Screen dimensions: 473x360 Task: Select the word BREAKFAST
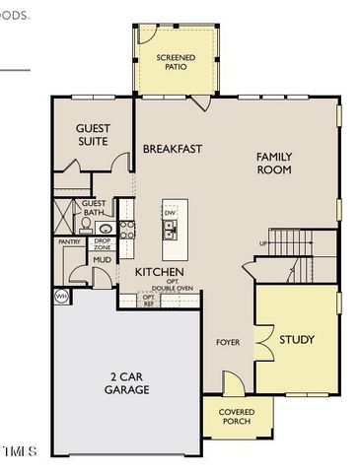pyautogui.click(x=173, y=149)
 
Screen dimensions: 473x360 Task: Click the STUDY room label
pyautogui.click(x=296, y=340)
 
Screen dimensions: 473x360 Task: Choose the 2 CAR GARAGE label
pyautogui.click(x=127, y=383)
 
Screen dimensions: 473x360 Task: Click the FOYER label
pyautogui.click(x=229, y=342)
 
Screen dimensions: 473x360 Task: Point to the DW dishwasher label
pyautogui.click(x=170, y=213)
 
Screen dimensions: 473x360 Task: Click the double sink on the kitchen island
pyautogui.click(x=170, y=232)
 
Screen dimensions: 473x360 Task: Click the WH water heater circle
pyautogui.click(x=60, y=296)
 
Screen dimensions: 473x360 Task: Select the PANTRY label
pyautogui.click(x=69, y=241)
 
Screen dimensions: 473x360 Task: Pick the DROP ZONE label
pyautogui.click(x=102, y=243)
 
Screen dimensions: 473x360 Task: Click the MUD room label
pyautogui.click(x=102, y=260)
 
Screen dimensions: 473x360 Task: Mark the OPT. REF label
pyautogui.click(x=149, y=300)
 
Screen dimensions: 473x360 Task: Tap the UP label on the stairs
pyautogui.click(x=263, y=242)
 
